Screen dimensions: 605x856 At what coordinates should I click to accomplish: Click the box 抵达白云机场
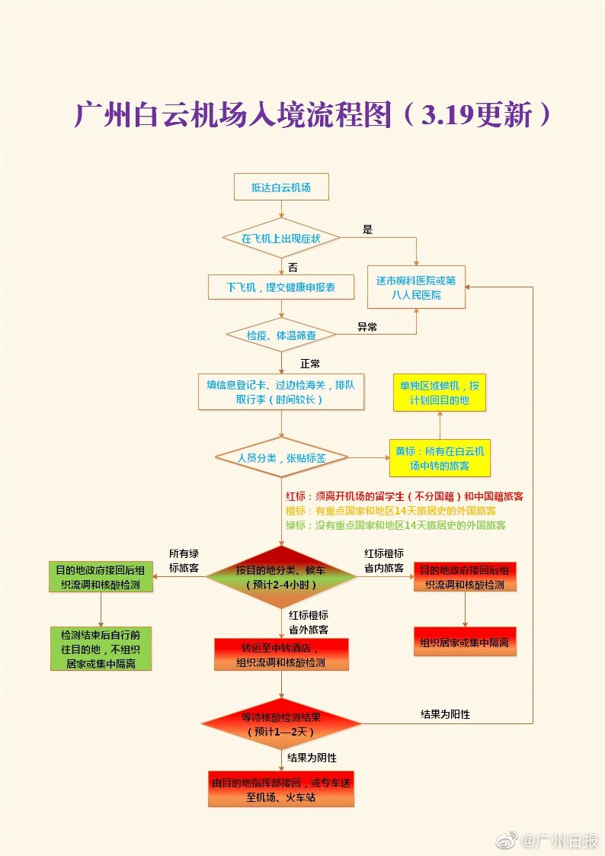coord(281,188)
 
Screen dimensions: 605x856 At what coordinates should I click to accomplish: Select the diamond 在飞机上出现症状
coord(281,239)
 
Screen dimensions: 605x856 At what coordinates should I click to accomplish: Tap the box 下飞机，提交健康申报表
coord(281,287)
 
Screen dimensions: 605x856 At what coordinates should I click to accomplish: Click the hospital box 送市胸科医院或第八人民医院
coord(416,287)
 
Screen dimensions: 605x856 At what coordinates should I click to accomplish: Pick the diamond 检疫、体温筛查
coord(281,335)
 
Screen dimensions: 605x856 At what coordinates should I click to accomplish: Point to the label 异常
coord(367,327)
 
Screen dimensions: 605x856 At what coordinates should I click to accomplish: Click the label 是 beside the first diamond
coord(368,230)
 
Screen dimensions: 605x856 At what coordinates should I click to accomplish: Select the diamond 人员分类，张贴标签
coord(281,457)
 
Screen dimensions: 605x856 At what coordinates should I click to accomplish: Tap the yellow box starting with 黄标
coord(440,458)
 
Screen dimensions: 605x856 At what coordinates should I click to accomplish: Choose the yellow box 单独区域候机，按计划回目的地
coord(440,393)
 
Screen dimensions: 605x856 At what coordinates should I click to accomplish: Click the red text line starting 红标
coord(405,496)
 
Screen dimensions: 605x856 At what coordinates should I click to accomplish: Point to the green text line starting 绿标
coord(395,525)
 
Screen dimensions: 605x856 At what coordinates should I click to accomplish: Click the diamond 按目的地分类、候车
coord(281,577)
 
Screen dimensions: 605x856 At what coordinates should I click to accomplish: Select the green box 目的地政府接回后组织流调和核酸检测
coord(101,577)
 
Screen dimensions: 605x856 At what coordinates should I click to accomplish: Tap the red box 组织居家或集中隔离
coord(465,642)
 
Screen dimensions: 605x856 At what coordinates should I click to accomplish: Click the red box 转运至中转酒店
coord(281,655)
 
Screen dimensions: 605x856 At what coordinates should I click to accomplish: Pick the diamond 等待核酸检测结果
coord(281,724)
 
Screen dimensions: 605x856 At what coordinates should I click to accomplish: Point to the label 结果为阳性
coord(445,714)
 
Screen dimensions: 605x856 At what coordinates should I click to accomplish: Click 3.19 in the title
coord(447,114)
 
